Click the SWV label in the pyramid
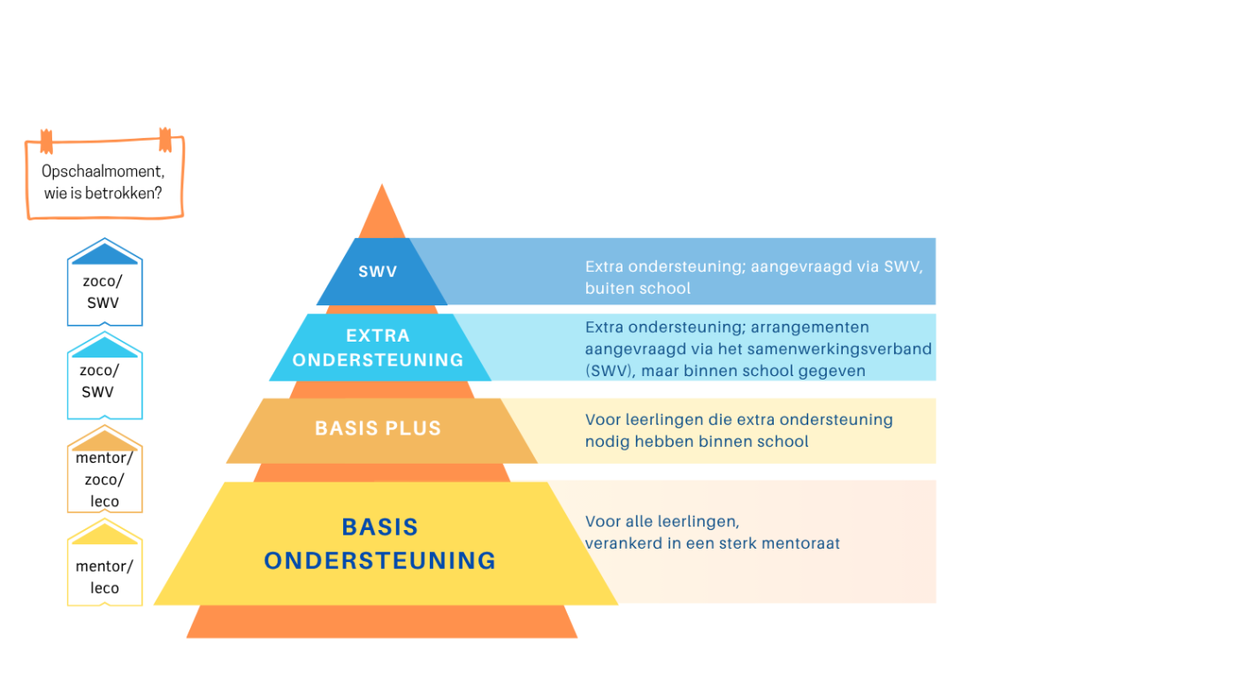click(x=378, y=272)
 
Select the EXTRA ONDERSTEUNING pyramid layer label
click(x=378, y=348)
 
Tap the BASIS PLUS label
click(x=378, y=428)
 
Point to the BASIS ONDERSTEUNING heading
click(x=380, y=543)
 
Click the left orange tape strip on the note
click(x=46, y=141)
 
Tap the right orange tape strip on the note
click(x=164, y=139)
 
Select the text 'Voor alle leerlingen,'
click(x=661, y=521)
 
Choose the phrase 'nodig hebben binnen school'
click(x=696, y=441)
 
